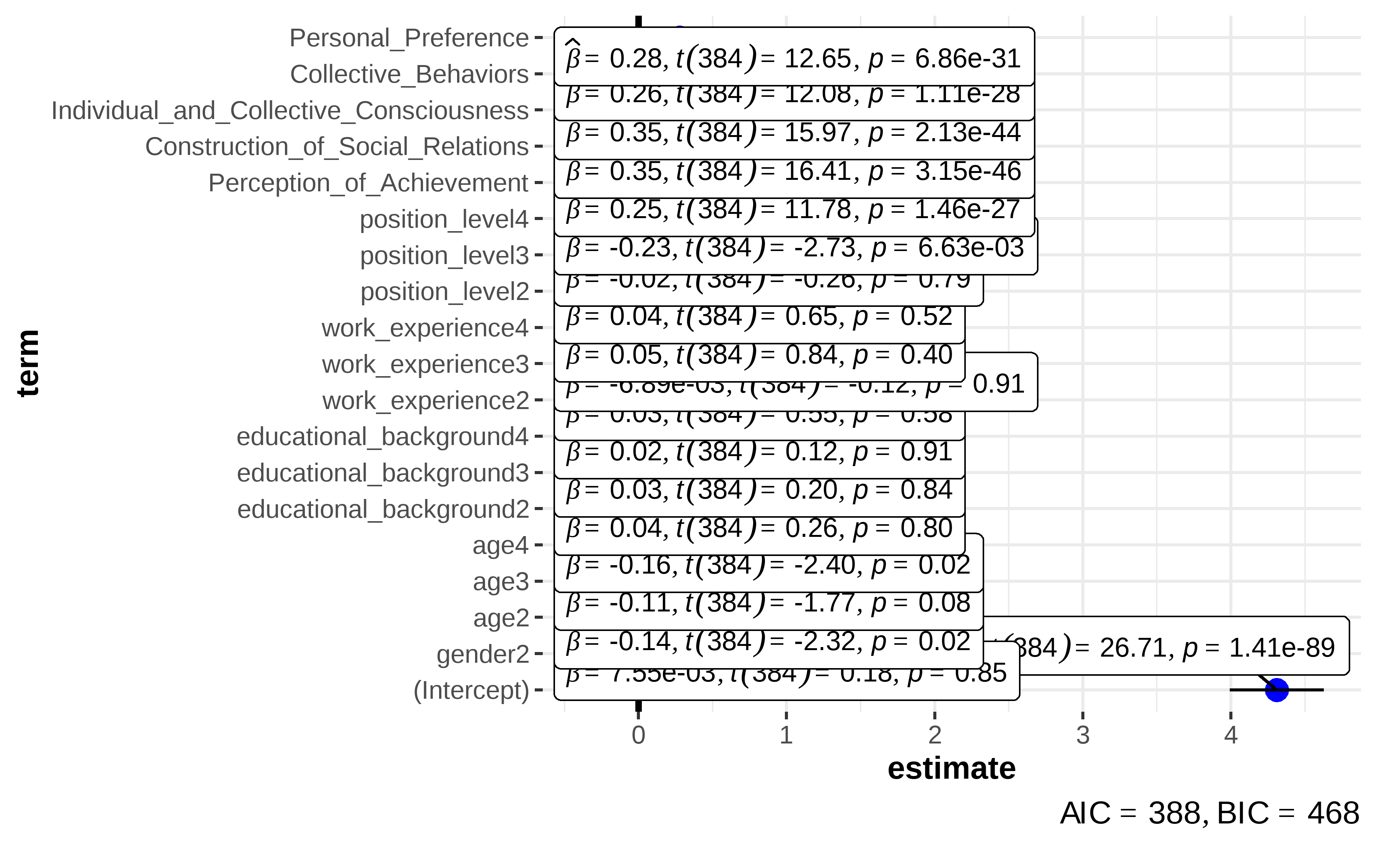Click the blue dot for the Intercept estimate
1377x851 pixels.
click(1276, 690)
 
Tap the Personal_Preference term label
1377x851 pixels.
click(409, 38)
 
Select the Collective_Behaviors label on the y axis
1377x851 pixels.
click(409, 74)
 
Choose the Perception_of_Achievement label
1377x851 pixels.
click(368, 183)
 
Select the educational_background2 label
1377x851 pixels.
click(382, 509)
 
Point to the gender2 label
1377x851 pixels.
click(483, 654)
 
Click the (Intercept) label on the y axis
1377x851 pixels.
click(471, 690)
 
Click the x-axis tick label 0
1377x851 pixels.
click(638, 735)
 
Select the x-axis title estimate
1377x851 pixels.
click(951, 769)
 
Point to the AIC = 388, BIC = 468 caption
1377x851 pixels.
click(1209, 813)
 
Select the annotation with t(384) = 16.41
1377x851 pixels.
click(794, 171)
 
